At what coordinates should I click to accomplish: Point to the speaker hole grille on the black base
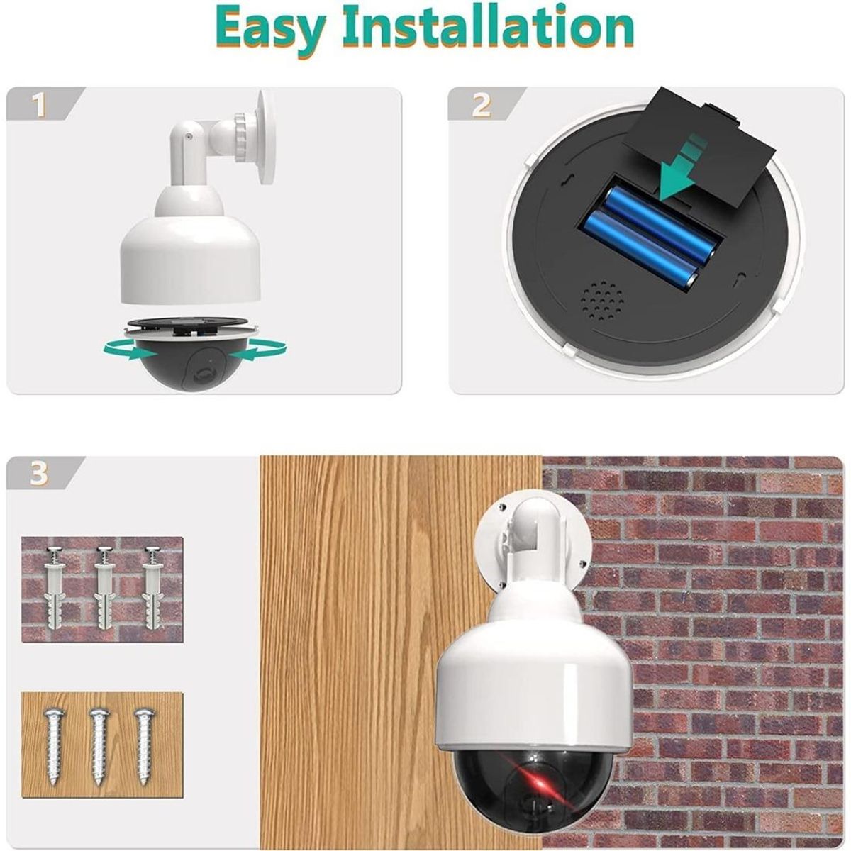[x=603, y=303]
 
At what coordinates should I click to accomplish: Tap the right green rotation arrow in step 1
[x=259, y=350]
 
